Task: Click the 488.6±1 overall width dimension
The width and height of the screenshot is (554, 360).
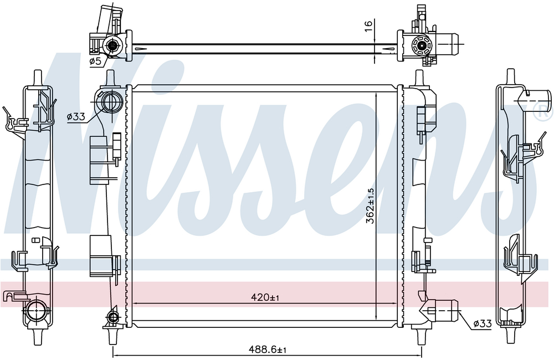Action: coord(267,350)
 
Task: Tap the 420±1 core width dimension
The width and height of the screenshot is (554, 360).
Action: coord(265,297)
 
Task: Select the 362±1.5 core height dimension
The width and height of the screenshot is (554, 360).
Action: coord(370,205)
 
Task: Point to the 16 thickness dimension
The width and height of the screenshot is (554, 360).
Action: coord(368,26)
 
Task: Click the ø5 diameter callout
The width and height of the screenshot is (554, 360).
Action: coord(95,61)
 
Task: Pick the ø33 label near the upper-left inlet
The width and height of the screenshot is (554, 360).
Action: coord(76,116)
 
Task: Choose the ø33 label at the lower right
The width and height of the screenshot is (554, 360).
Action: coord(483,323)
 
